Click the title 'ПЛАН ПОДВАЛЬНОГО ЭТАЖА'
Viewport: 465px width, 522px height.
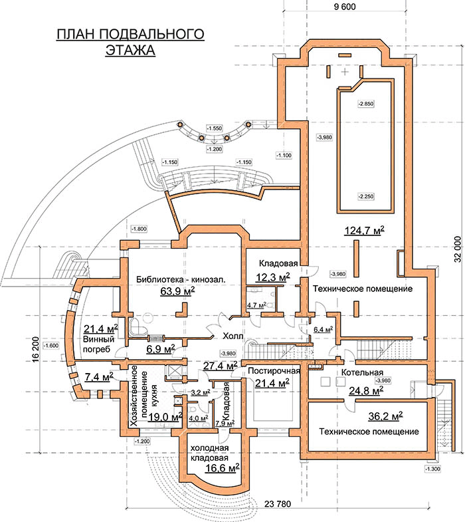click(x=130, y=42)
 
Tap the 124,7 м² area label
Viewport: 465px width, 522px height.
click(x=365, y=231)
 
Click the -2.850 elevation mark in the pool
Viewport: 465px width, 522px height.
click(x=365, y=104)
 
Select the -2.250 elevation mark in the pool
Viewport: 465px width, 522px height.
click(x=365, y=196)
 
